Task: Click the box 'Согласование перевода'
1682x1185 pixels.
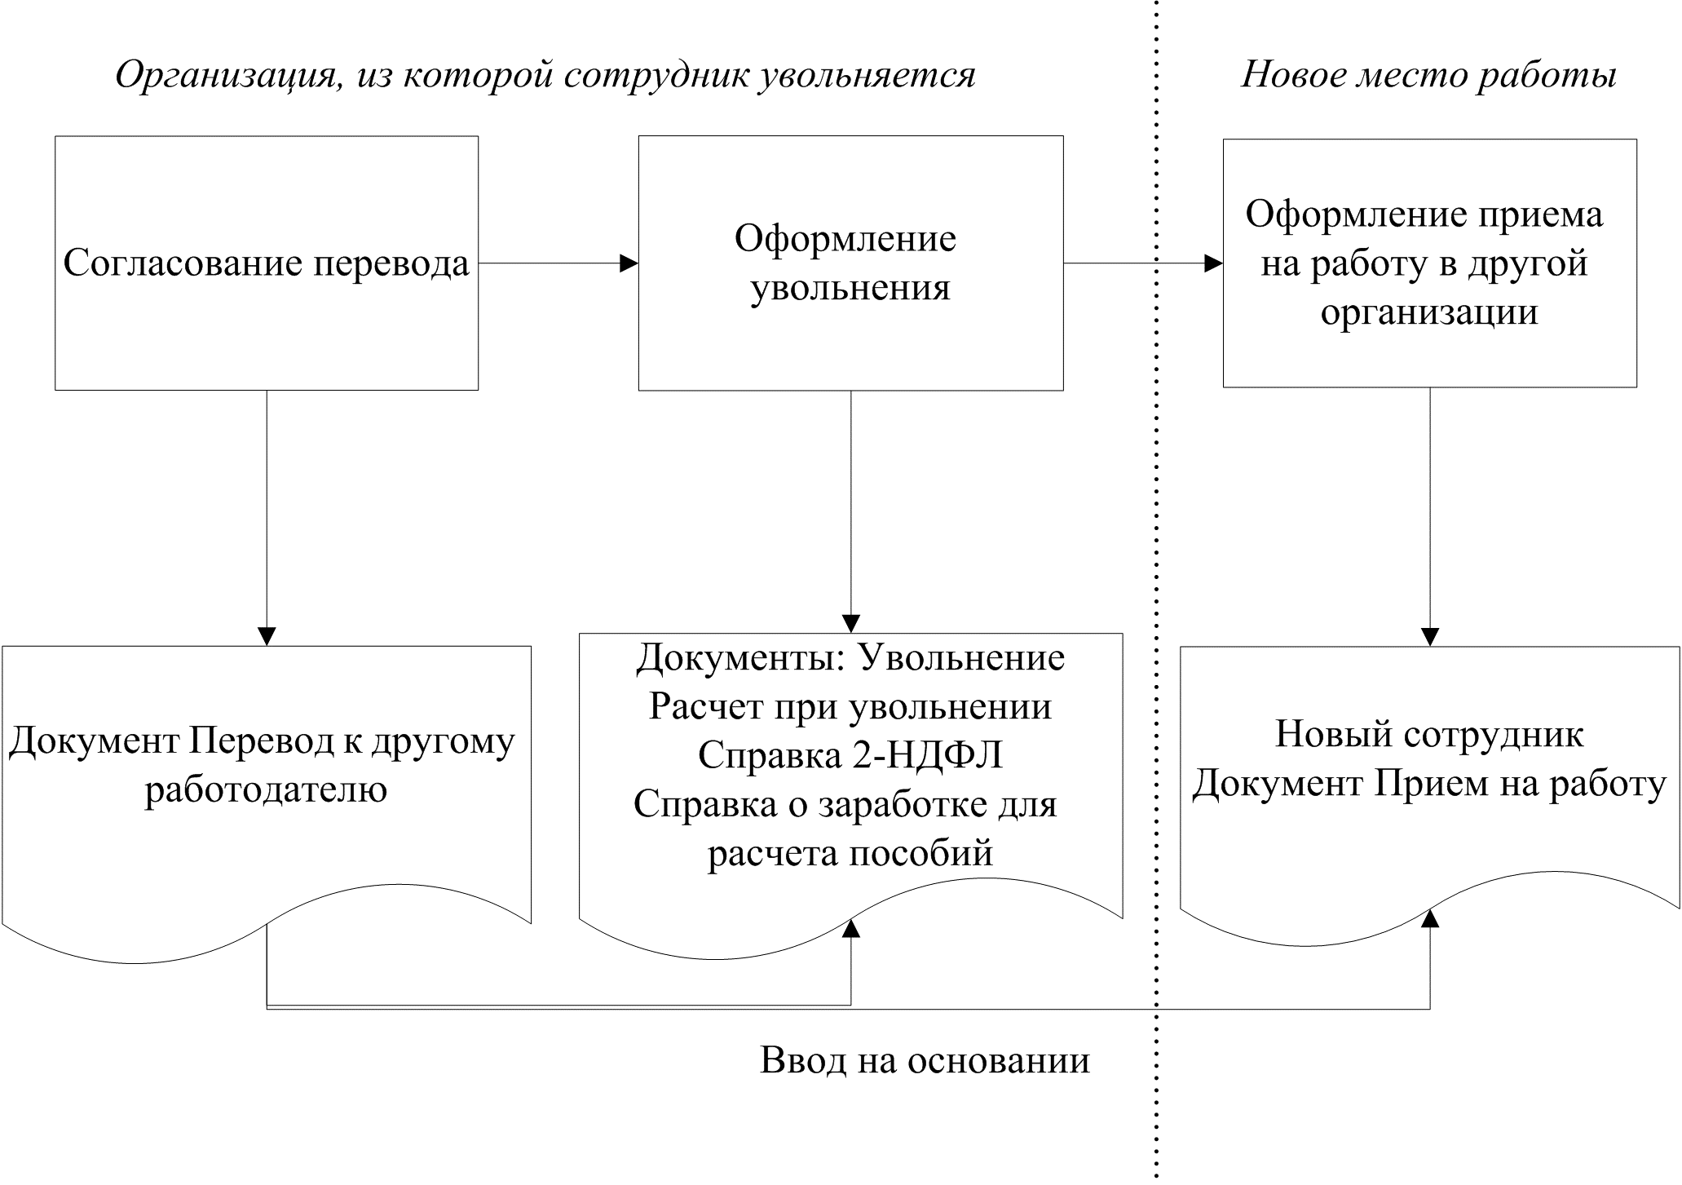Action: coord(266,263)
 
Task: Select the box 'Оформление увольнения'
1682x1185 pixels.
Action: coord(850,263)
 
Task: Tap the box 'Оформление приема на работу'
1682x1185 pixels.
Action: coord(1429,263)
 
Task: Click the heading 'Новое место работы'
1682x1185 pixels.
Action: coord(1428,75)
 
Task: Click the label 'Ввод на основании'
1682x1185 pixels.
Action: coord(925,1060)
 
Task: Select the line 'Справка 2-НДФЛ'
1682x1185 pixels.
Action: coord(850,755)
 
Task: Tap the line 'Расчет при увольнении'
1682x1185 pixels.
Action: coord(850,706)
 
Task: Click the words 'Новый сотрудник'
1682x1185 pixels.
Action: coord(1428,734)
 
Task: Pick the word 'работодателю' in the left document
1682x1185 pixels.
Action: coord(266,789)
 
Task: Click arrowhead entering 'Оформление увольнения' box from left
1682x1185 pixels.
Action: coord(629,263)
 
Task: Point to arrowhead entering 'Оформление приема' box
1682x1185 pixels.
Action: coord(1213,263)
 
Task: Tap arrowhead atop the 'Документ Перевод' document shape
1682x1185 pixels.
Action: coord(267,636)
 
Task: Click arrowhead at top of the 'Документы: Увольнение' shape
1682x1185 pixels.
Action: coord(850,623)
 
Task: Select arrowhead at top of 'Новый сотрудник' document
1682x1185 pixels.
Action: coord(1429,636)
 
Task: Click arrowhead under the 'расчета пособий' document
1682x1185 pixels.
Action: coord(850,928)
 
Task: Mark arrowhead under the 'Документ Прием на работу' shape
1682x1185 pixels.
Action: coord(1429,918)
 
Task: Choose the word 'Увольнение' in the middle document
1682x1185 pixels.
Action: coord(962,657)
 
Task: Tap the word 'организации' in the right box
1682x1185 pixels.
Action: coord(1429,312)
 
